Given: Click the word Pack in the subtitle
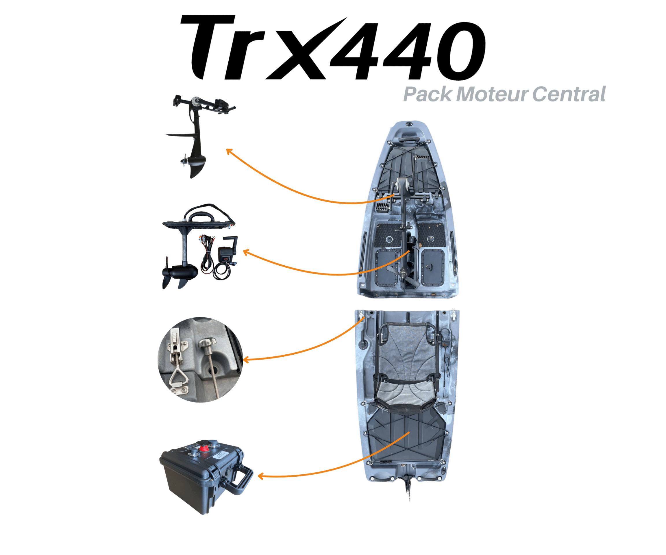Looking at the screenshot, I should tap(427, 95).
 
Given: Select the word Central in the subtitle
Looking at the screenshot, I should tap(569, 95).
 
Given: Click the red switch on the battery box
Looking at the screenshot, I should tap(203, 448).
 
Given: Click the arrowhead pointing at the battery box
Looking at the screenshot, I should tap(260, 476).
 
